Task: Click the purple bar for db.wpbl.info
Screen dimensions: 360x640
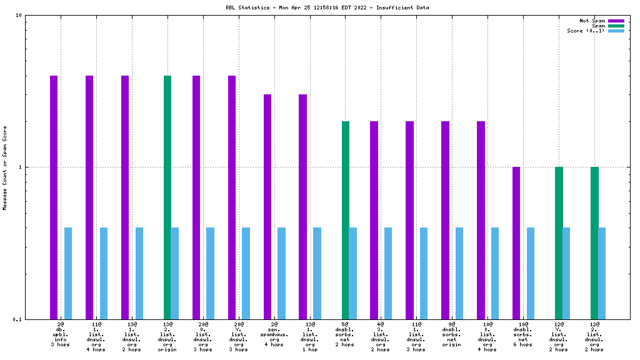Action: (x=54, y=197)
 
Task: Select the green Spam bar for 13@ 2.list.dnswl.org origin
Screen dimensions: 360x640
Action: (x=167, y=197)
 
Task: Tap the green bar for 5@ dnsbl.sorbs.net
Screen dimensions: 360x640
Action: (x=346, y=220)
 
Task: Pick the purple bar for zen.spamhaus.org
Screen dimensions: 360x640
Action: (x=267, y=206)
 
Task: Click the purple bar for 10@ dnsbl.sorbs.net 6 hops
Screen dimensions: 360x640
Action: (x=516, y=243)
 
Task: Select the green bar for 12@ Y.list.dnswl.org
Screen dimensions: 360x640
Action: (x=559, y=243)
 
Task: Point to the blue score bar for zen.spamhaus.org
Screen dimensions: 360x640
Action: (x=281, y=273)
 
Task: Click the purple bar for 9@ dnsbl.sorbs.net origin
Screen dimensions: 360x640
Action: (x=445, y=220)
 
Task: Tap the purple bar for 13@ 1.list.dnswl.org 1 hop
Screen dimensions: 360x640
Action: (x=302, y=206)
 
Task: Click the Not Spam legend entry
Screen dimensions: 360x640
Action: (x=592, y=21)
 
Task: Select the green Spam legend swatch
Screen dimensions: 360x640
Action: (x=616, y=26)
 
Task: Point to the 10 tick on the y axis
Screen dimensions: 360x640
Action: (x=19, y=16)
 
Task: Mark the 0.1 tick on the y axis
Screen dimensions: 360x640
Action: (x=17, y=319)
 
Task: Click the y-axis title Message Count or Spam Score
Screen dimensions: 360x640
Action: (x=5, y=167)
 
